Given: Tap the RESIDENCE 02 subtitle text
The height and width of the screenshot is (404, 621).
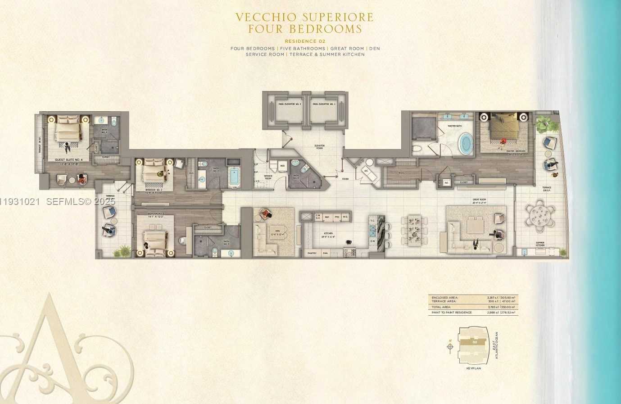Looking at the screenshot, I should [305, 41].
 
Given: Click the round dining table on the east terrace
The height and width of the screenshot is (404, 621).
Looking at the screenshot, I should [540, 215].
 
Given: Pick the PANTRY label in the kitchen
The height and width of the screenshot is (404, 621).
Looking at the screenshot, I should [312, 253].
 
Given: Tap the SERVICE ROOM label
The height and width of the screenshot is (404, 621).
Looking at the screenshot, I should [268, 177].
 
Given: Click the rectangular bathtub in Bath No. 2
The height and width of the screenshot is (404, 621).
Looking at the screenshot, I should [235, 177].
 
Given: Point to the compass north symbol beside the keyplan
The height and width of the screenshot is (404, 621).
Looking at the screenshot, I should [450, 346].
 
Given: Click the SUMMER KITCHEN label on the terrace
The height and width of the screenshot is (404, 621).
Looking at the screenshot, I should [540, 244].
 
